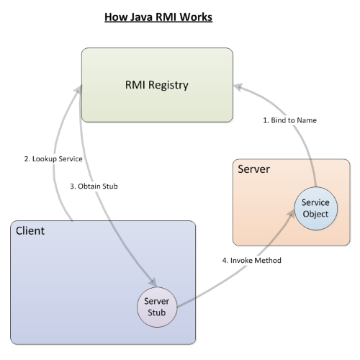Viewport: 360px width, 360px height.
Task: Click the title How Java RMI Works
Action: [x=158, y=17]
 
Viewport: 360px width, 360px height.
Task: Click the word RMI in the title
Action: [x=166, y=17]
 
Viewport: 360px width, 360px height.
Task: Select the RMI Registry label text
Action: [x=157, y=85]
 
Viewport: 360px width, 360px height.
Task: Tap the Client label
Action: [x=30, y=231]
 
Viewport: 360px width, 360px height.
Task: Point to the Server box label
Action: [x=253, y=169]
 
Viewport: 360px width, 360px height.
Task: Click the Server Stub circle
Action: [x=157, y=307]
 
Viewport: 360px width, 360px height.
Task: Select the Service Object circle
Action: [x=316, y=209]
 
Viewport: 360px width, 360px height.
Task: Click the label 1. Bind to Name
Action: [x=289, y=120]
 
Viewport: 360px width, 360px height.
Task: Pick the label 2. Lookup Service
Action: [x=53, y=159]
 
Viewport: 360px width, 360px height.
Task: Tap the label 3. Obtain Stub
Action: [x=94, y=186]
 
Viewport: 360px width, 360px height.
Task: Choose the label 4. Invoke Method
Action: [x=251, y=261]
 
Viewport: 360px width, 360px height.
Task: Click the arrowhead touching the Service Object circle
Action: [x=291, y=214]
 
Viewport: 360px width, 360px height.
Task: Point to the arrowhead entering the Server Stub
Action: [x=153, y=282]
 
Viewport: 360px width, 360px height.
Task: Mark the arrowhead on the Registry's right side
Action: [x=238, y=86]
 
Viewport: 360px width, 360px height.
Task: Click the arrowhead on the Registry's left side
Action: [x=78, y=89]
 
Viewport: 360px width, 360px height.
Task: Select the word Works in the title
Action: [x=196, y=17]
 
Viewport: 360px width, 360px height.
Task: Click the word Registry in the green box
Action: [x=168, y=86]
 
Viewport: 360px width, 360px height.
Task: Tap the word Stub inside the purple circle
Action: [x=157, y=312]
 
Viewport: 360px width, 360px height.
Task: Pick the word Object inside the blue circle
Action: [x=315, y=214]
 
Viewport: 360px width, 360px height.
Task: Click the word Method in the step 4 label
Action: [x=269, y=261]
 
